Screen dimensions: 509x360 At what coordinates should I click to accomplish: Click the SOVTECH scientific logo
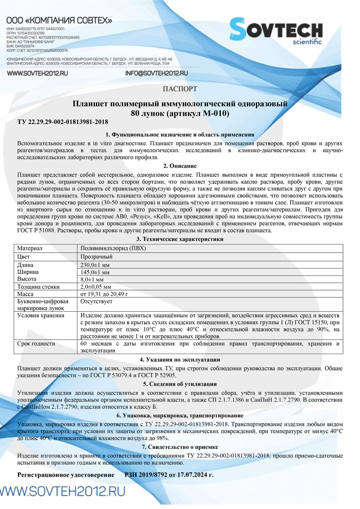pyautogui.click(x=276, y=31)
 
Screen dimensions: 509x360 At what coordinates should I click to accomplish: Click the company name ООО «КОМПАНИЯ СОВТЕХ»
pyautogui.click(x=59, y=21)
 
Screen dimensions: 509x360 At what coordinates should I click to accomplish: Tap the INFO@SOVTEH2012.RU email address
pyautogui.click(x=157, y=73)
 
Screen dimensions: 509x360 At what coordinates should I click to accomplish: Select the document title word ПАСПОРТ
pyautogui.click(x=180, y=89)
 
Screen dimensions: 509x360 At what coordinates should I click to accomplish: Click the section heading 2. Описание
pyautogui.click(x=180, y=166)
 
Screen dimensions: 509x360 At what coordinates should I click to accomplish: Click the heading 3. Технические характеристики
pyautogui.click(x=180, y=239)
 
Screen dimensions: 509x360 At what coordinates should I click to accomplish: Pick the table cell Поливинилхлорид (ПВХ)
pyautogui.click(x=113, y=248)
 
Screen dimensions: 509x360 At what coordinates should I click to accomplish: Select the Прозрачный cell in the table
pyautogui.click(x=96, y=257)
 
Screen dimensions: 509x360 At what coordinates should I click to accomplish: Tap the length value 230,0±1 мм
pyautogui.click(x=95, y=265)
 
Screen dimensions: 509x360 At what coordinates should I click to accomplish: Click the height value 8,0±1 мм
pyautogui.click(x=92, y=279)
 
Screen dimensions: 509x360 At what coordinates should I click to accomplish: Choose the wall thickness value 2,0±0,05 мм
pyautogui.click(x=96, y=287)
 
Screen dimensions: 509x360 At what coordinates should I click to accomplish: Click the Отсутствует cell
pyautogui.click(x=96, y=301)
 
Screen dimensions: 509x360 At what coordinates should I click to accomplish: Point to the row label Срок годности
pyautogui.click(x=36, y=344)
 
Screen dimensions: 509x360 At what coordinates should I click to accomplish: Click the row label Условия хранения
pyautogui.click(x=41, y=316)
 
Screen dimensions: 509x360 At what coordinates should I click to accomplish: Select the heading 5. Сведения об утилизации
pyautogui.click(x=180, y=384)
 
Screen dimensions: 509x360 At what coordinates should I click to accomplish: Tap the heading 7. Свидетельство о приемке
pyautogui.click(x=180, y=447)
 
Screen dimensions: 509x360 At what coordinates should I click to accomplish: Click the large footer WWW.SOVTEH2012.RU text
pyautogui.click(x=63, y=491)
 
